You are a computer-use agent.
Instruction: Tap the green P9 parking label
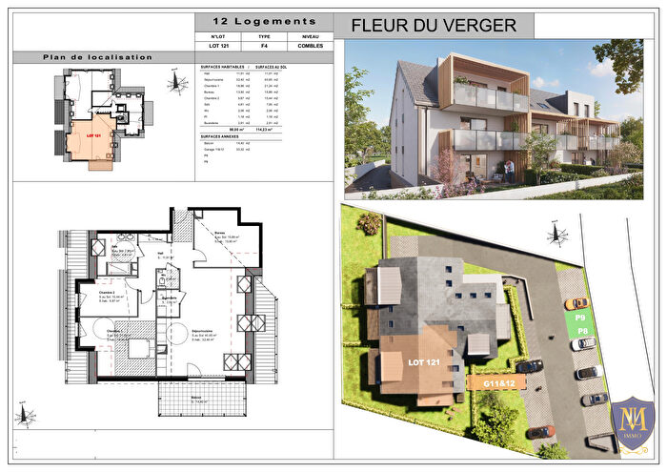pyautogui.click(x=579, y=317)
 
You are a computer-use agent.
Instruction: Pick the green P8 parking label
pyautogui.click(x=579, y=331)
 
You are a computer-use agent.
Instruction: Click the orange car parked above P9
pyautogui.click(x=572, y=303)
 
